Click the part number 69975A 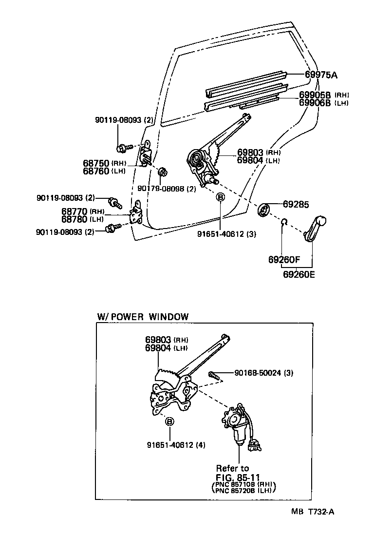point(321,75)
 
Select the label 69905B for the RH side point(315,95)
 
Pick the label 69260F point(284,259)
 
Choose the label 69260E point(299,274)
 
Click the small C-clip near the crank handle point(284,223)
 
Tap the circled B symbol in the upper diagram point(220,197)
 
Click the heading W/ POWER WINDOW point(143,317)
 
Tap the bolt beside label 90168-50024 point(215,375)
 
